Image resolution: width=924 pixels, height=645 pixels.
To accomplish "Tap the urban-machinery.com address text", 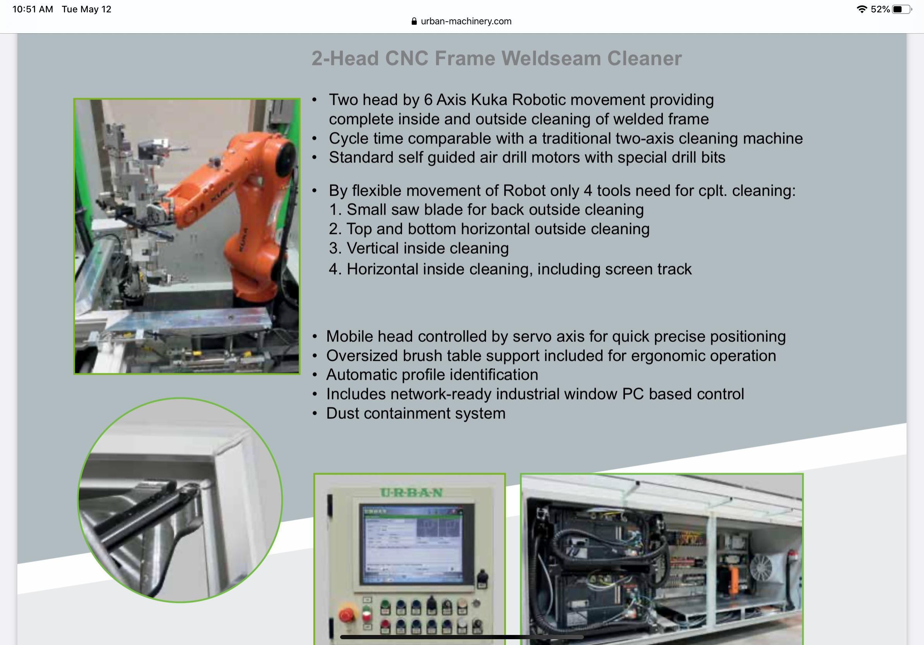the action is click(466, 21).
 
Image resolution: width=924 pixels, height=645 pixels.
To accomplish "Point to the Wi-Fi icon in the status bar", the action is click(862, 9).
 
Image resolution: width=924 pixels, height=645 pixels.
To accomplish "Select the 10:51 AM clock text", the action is click(33, 9).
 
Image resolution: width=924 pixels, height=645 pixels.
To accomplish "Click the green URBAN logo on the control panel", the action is click(411, 493).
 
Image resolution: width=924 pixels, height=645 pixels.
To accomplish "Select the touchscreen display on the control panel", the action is click(413, 544).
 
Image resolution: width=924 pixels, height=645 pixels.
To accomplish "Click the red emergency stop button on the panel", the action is click(346, 615).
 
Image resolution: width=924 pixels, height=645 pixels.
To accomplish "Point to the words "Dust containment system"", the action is click(416, 413).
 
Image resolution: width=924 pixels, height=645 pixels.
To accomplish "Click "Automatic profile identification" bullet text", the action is click(432, 375).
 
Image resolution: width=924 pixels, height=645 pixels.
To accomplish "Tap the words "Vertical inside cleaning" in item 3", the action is click(428, 249).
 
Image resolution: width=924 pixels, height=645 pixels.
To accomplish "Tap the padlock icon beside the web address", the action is click(414, 21).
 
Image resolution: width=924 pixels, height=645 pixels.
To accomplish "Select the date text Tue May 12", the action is click(87, 9).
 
